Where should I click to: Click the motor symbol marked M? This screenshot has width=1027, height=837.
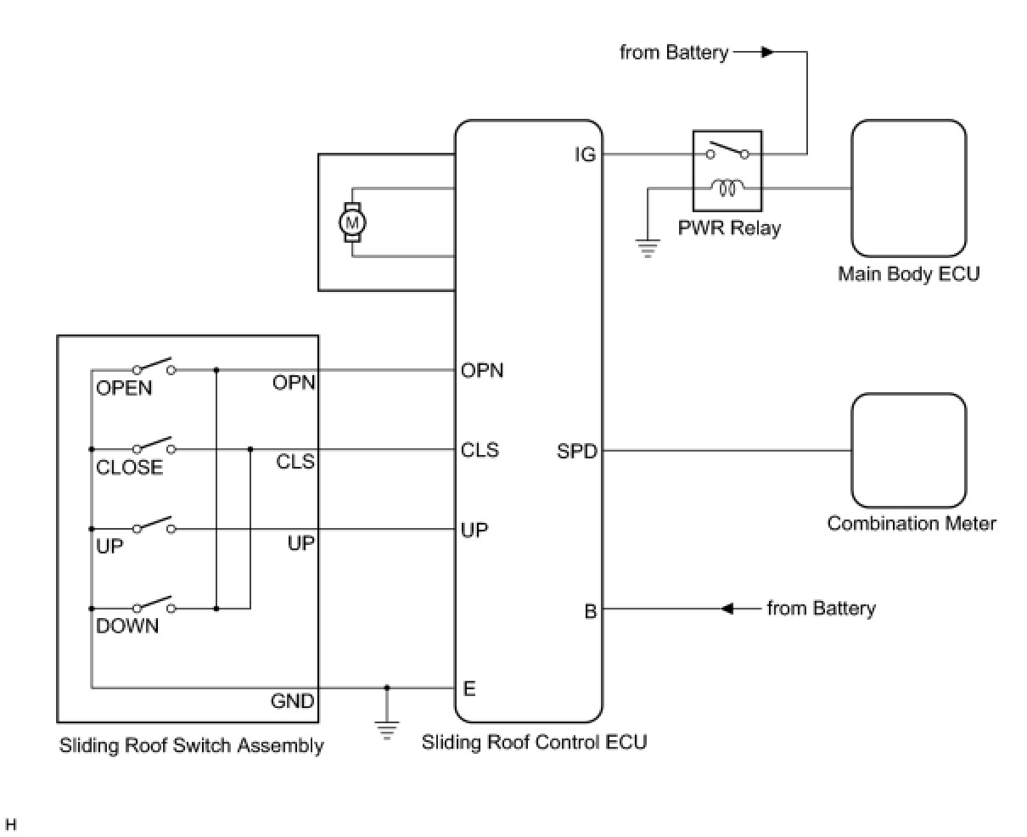point(351,222)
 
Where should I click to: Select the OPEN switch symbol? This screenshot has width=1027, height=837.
point(154,368)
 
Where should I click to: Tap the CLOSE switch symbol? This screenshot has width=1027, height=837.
point(154,447)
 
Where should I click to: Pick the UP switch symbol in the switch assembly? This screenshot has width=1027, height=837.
point(154,526)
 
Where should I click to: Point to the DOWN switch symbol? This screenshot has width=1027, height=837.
point(154,606)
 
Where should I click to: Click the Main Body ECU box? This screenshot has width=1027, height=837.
point(908,188)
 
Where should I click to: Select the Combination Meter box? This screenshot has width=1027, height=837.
point(908,450)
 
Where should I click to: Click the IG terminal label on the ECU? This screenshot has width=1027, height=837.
point(585,155)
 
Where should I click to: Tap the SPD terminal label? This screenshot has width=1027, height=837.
point(577,452)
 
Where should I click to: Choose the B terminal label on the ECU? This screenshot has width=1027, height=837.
point(590,610)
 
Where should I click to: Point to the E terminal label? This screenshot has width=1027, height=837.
point(469,688)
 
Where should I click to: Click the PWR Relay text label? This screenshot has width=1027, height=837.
point(729,228)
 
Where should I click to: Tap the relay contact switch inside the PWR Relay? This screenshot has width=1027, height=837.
point(727,151)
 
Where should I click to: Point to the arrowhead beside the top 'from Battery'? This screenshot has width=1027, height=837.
point(766,53)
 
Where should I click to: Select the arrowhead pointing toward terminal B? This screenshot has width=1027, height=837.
point(727,609)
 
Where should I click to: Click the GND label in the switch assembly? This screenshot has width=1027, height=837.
point(292,701)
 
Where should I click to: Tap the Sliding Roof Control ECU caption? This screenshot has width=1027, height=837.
point(534,742)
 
